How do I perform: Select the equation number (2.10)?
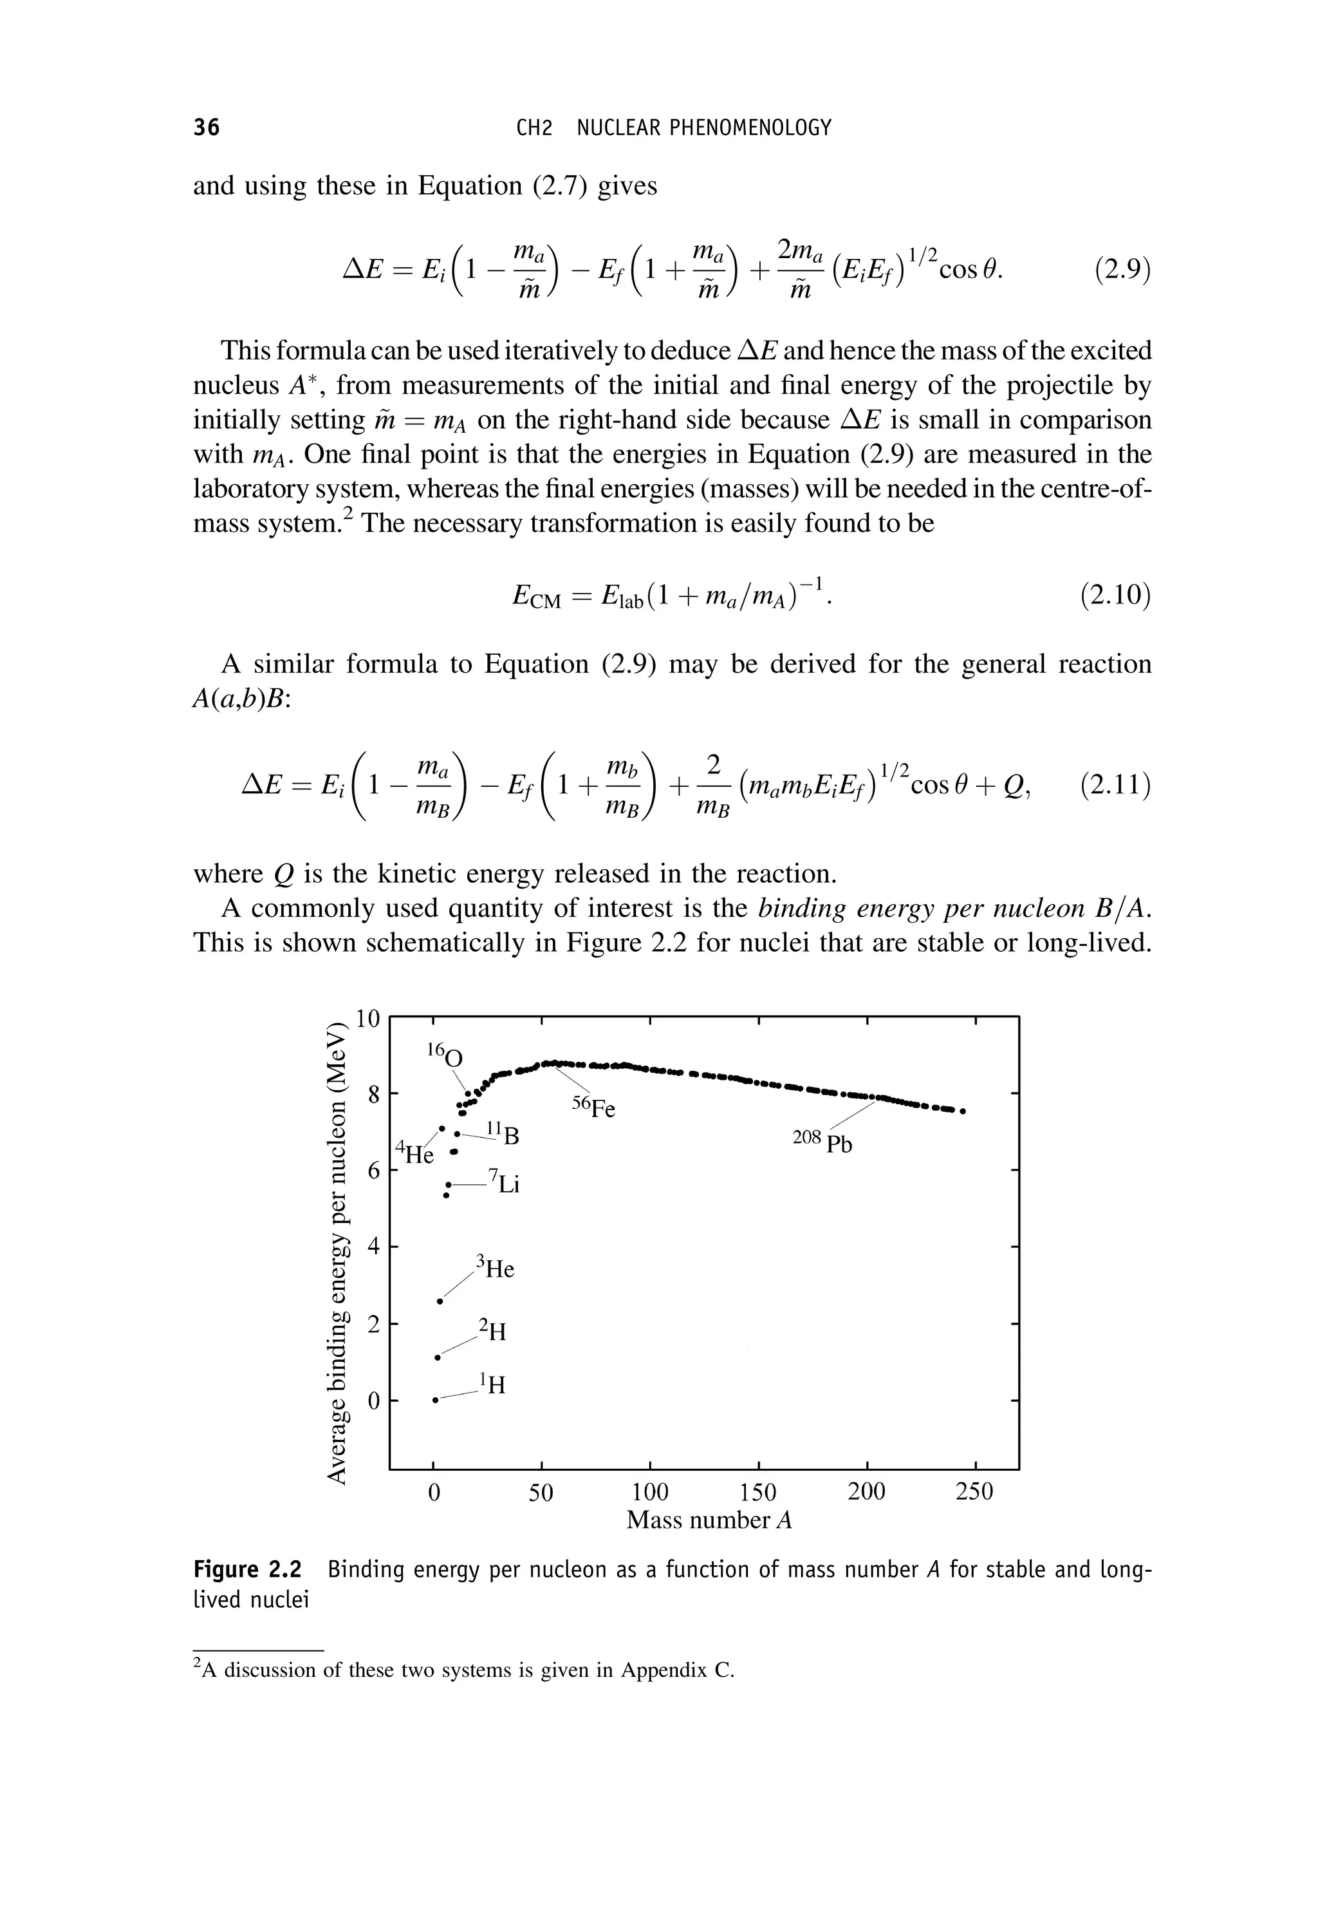pyautogui.click(x=1115, y=595)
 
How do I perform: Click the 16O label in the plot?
pyautogui.click(x=445, y=1055)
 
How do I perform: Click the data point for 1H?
pyautogui.click(x=435, y=1401)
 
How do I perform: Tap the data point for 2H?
pyautogui.click(x=438, y=1357)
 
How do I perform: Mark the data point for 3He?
pyautogui.click(x=440, y=1301)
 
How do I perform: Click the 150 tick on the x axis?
pyautogui.click(x=758, y=1492)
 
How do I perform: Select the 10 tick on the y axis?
pyautogui.click(x=367, y=1019)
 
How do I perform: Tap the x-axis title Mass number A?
pyautogui.click(x=709, y=1520)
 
